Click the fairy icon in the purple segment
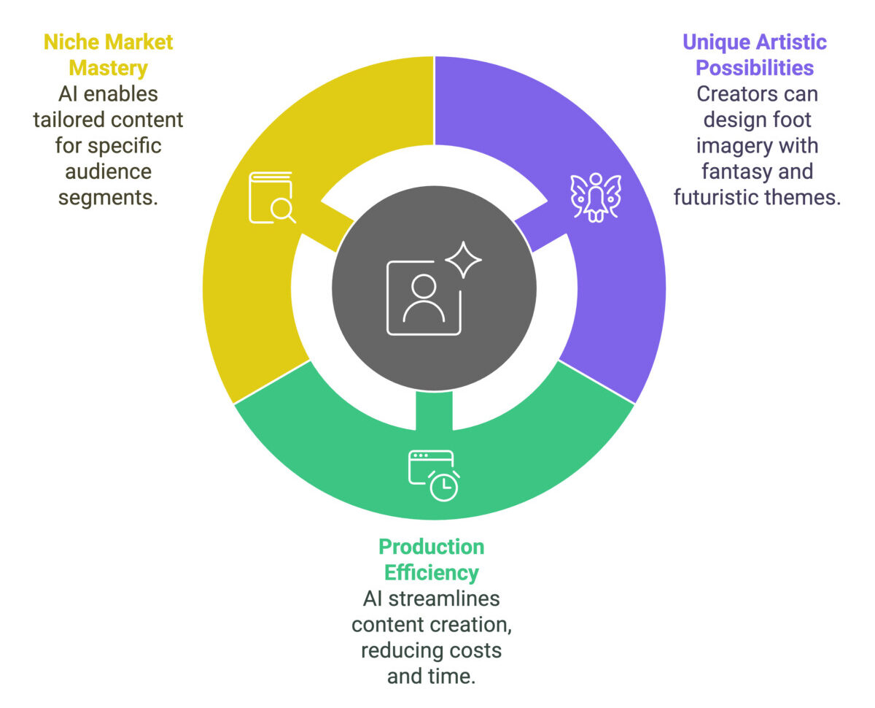coord(595,197)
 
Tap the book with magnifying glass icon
coord(272,198)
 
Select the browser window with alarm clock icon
coord(434,475)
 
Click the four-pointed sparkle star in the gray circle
coord(463,260)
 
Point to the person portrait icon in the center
coord(424,298)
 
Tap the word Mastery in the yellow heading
coord(109,69)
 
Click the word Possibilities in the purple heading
coord(755,68)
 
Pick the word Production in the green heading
coord(432,547)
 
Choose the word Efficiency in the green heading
coord(432,573)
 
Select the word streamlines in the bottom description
coord(444,599)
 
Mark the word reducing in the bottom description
coord(394,651)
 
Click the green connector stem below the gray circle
coord(434,411)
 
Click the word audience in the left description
coord(109,172)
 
